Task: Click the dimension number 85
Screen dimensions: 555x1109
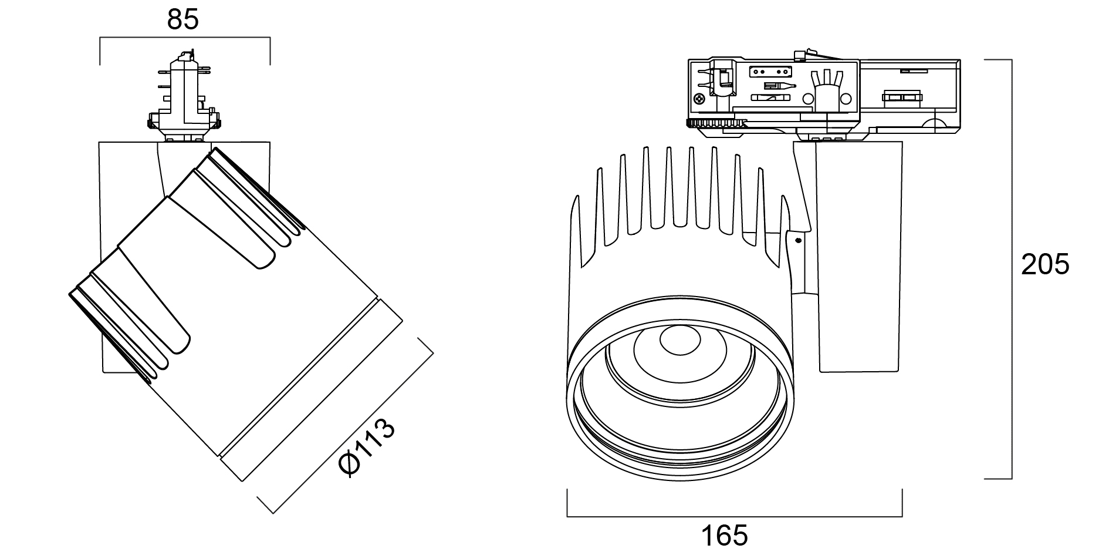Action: click(183, 19)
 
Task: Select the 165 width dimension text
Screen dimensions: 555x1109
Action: click(725, 535)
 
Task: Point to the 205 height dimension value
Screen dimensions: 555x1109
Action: click(1046, 265)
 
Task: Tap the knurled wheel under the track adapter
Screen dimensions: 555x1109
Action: click(716, 124)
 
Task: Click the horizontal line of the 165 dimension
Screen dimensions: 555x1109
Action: click(733, 517)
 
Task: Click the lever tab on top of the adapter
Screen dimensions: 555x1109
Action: click(803, 55)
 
